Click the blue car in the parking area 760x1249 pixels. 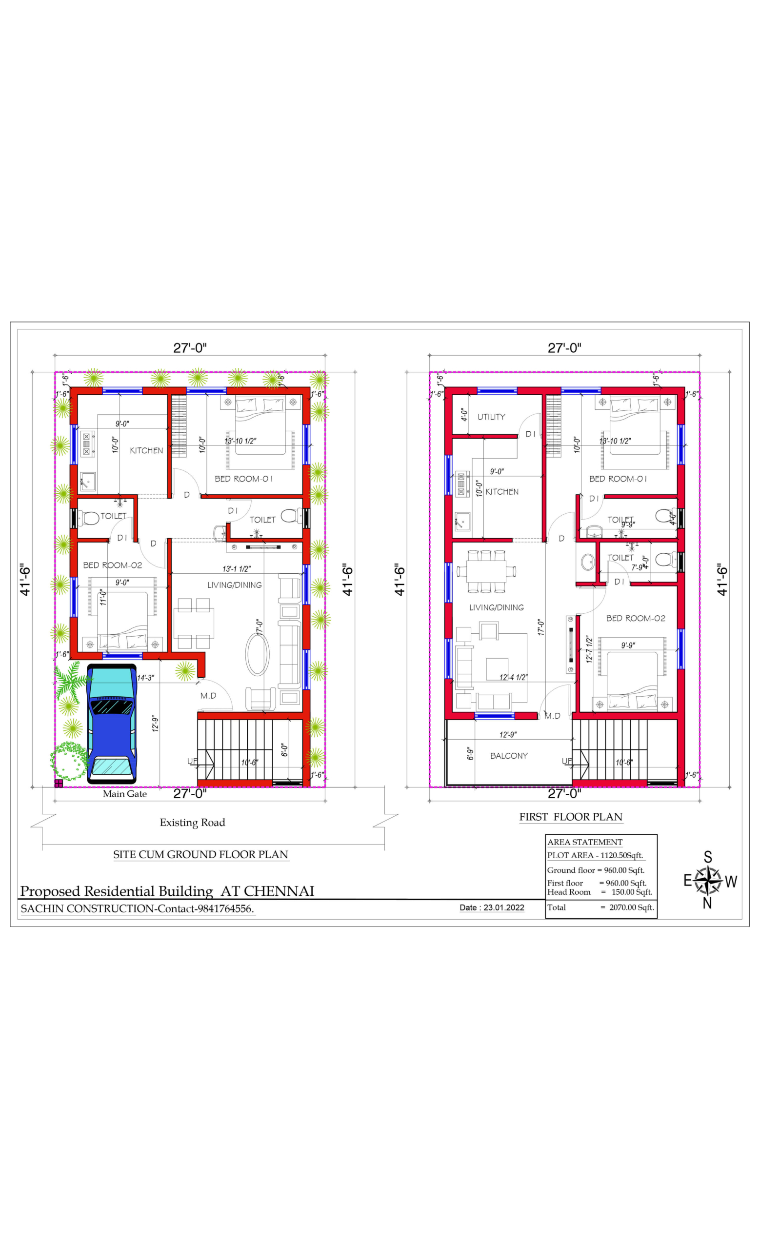[x=112, y=724]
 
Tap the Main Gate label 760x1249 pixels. [x=125, y=794]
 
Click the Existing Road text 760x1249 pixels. [x=192, y=823]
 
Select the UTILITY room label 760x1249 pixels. [x=491, y=417]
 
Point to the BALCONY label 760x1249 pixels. [x=509, y=756]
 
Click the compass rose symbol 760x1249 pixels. [x=708, y=881]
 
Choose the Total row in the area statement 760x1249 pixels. [x=600, y=907]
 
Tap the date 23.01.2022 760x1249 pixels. [x=503, y=908]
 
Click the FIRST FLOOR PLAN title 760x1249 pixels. [x=571, y=817]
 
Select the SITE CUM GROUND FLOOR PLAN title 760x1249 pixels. [x=200, y=855]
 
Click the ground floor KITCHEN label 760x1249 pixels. [x=146, y=451]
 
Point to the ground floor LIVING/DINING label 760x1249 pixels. [x=234, y=585]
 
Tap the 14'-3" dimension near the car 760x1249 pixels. [x=146, y=678]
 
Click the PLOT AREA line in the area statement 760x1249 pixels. [x=595, y=856]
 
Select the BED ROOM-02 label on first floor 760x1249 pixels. [x=635, y=619]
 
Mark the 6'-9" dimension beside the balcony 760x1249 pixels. [x=470, y=754]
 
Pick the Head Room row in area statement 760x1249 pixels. [x=600, y=892]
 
